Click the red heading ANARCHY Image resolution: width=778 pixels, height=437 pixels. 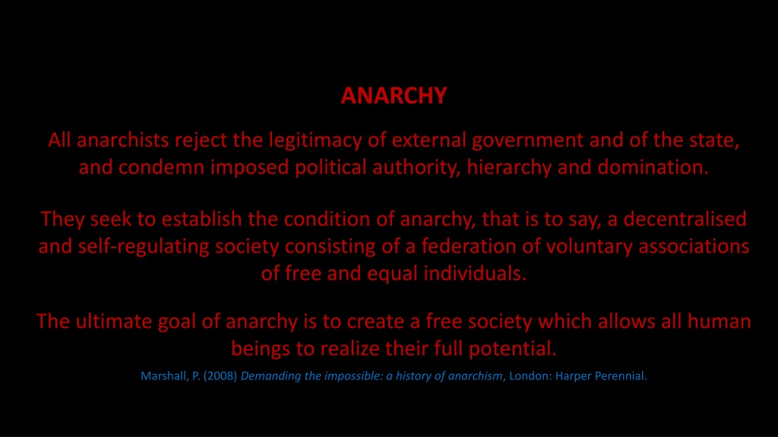point(394,96)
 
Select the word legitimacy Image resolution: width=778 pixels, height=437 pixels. point(315,140)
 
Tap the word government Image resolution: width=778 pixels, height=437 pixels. point(527,141)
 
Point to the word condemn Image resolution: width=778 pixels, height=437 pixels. point(162,167)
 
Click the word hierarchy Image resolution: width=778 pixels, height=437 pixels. point(509,168)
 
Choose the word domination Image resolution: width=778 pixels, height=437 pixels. point(653,167)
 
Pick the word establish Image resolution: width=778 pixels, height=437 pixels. point(202,219)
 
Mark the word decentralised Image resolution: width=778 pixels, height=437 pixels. point(685,219)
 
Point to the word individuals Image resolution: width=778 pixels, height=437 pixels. point(475,273)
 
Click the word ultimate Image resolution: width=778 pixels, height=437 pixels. point(114,322)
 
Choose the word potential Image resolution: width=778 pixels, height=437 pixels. point(513,349)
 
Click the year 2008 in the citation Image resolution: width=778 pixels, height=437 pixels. point(220,376)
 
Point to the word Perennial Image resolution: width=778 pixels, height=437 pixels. point(621,376)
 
